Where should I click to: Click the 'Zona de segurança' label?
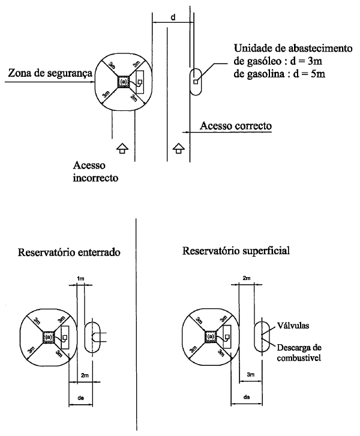(x=49, y=73)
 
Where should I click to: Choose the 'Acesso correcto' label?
(x=235, y=127)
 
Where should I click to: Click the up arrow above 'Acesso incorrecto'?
(x=121, y=149)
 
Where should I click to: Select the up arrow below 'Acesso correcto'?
(x=178, y=149)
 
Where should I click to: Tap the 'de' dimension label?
(x=82, y=398)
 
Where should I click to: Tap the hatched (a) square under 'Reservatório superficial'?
(x=211, y=338)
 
